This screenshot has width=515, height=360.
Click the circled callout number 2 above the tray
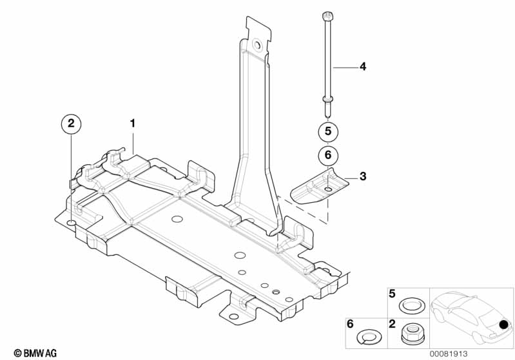click(x=72, y=124)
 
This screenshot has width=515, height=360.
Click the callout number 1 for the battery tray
click(x=133, y=124)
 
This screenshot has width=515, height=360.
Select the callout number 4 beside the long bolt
click(x=363, y=66)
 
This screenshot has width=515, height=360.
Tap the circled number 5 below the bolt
click(x=328, y=131)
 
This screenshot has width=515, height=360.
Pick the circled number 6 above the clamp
click(x=328, y=155)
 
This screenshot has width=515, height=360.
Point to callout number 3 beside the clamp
click(x=363, y=176)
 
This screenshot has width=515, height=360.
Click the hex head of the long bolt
click(x=327, y=15)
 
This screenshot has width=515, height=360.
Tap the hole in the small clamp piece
click(x=328, y=189)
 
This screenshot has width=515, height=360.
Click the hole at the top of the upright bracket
click(x=257, y=45)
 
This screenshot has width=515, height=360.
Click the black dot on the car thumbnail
click(x=503, y=325)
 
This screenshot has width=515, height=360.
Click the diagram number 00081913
click(x=449, y=354)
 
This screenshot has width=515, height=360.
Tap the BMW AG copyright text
click(x=35, y=353)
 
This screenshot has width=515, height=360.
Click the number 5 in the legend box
click(x=392, y=294)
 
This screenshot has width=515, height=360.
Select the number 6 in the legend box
click(x=350, y=324)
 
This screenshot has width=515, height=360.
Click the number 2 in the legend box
click(x=392, y=324)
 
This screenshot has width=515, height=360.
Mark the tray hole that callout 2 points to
click(x=72, y=224)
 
